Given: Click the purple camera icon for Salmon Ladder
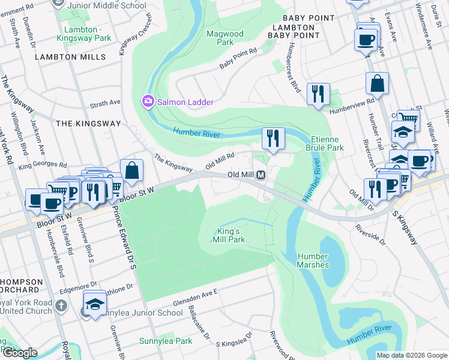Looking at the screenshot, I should (x=148, y=102).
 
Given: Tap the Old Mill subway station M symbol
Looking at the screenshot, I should (x=261, y=175).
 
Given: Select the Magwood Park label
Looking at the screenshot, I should (x=224, y=38).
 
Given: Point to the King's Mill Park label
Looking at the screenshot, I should (x=229, y=235).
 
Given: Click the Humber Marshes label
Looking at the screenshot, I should (x=313, y=260).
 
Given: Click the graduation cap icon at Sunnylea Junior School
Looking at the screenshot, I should (x=94, y=304).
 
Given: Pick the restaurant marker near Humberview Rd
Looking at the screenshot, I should (x=318, y=94).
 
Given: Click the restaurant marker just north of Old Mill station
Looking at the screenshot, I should (x=273, y=139).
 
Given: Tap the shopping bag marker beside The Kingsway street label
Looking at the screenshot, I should (x=131, y=170).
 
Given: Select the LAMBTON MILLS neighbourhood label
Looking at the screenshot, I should (x=70, y=57).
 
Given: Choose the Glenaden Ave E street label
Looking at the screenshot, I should (x=195, y=295).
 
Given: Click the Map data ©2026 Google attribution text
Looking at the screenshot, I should (x=411, y=355).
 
